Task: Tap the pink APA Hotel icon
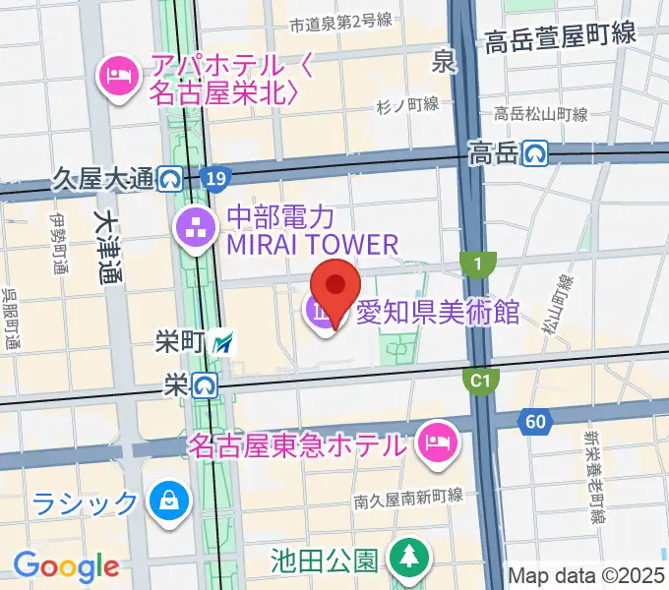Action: click(x=117, y=75)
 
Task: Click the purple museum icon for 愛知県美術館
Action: click(x=323, y=314)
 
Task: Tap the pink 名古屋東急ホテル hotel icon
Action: click(x=434, y=443)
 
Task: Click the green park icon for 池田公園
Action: click(x=406, y=560)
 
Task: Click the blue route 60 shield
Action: click(x=536, y=421)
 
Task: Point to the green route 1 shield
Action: click(x=479, y=265)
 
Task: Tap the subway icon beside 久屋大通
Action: click(x=171, y=179)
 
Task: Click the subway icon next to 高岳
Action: click(x=535, y=152)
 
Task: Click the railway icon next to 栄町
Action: click(x=226, y=342)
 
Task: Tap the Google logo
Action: click(x=66, y=566)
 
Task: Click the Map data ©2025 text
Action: click(x=586, y=575)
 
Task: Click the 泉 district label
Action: click(x=446, y=63)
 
